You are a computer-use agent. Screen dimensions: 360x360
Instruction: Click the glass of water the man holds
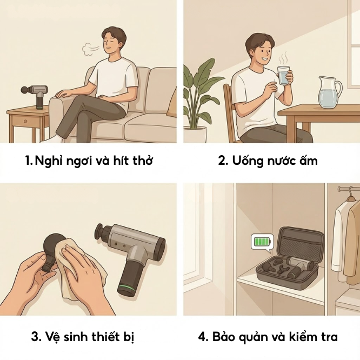pos(284,76)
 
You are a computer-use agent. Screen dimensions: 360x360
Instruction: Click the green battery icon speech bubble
pos(263,241)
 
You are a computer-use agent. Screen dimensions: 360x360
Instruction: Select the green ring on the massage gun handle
pos(128,284)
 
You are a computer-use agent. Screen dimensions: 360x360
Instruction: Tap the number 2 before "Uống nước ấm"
pos(222,161)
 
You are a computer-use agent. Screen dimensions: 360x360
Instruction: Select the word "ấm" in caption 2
pos(310,161)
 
